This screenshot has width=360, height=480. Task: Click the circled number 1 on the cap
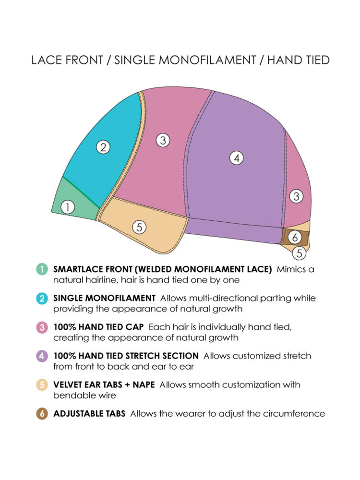[x=68, y=207]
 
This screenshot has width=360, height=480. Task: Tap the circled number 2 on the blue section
[x=103, y=147]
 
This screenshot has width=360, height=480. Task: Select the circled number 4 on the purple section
[x=236, y=157]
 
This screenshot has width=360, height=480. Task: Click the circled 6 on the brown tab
[x=295, y=237]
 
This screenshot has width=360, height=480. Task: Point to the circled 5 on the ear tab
[x=139, y=228]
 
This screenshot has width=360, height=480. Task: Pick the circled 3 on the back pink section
[x=297, y=196]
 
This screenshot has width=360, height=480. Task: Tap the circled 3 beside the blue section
[x=163, y=140]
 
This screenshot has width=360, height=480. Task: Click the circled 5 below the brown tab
[x=299, y=252]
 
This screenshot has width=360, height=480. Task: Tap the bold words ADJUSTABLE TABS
[x=89, y=414]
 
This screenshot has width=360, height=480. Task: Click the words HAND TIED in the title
[x=298, y=60]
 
